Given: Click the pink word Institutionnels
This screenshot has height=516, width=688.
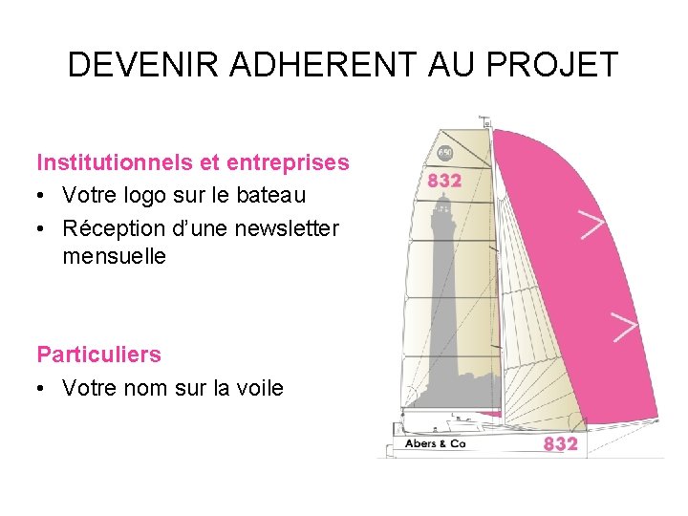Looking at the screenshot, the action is click(x=109, y=162).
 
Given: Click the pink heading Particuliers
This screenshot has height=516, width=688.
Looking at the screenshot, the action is click(x=98, y=355).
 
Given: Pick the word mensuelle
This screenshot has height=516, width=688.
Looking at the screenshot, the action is click(x=114, y=256).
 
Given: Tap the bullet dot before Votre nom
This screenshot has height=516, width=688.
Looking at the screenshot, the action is click(x=44, y=388).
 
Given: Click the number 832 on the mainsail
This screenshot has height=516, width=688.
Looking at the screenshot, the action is click(x=444, y=181).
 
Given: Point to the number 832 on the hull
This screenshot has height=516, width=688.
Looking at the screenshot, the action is click(x=560, y=444).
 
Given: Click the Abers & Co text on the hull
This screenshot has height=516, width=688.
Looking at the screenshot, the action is click(x=435, y=444).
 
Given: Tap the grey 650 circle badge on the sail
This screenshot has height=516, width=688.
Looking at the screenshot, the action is click(x=445, y=153).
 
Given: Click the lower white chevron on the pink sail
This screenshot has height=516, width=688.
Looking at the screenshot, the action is click(x=624, y=326).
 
